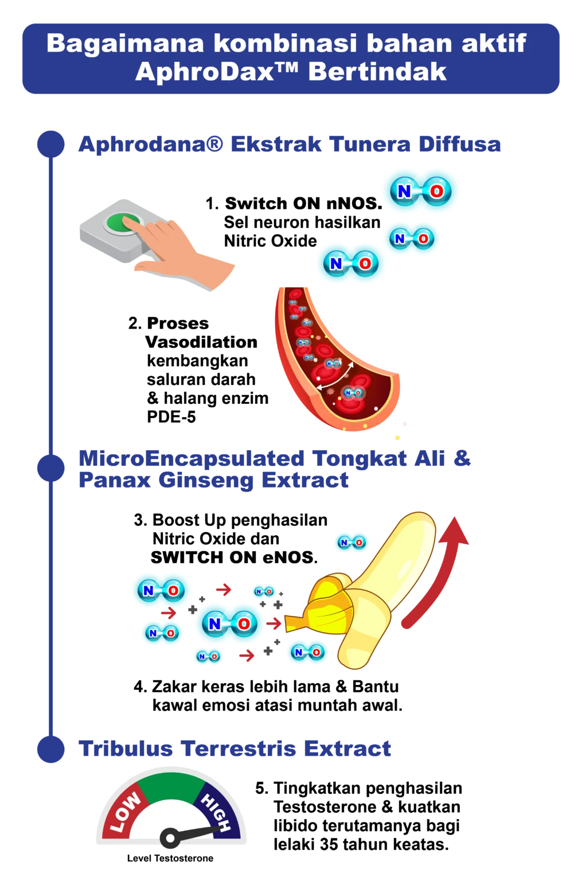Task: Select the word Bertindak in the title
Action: pyautogui.click(x=377, y=72)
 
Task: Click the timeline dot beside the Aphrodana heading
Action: pyautogui.click(x=51, y=145)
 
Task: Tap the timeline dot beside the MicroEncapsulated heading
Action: pyautogui.click(x=51, y=468)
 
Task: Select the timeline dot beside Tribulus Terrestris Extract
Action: pyautogui.click(x=51, y=750)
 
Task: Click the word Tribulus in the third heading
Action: pyautogui.click(x=126, y=749)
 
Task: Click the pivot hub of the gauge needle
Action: pyautogui.click(x=170, y=839)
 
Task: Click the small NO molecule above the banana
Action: pyautogui.click(x=351, y=542)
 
